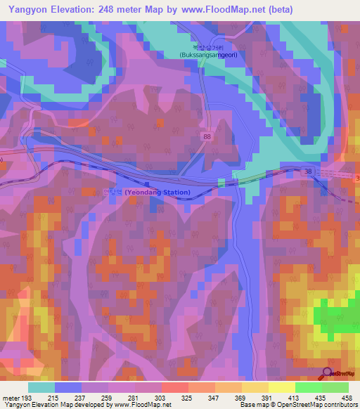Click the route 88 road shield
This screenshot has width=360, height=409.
tap(205, 136)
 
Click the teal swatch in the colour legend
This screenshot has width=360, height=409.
tap(41, 387)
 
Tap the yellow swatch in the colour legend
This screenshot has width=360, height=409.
tap(281, 387)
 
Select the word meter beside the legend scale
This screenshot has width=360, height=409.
tap(12, 398)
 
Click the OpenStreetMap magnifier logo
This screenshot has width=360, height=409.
tap(328, 374)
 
